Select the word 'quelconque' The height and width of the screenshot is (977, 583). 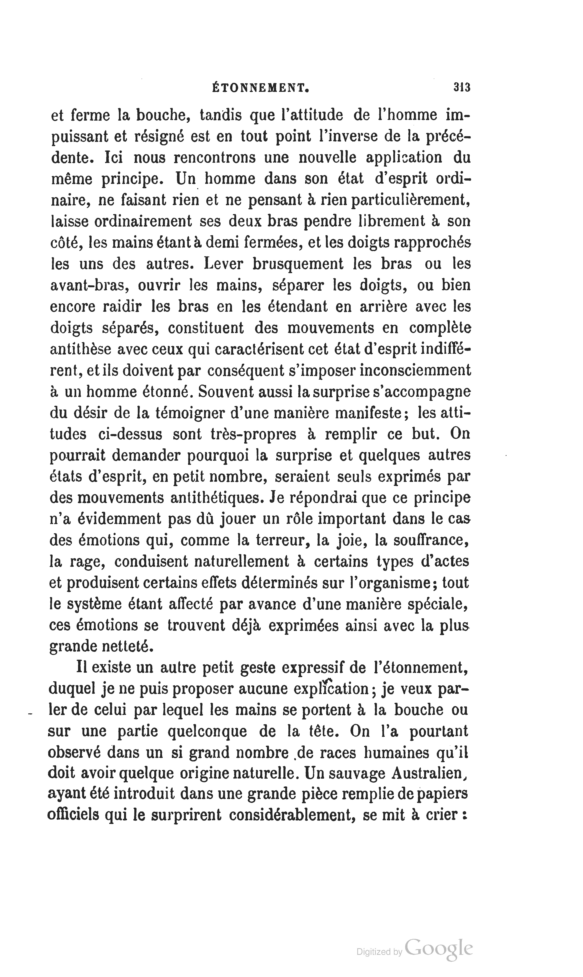pos(207,731)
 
